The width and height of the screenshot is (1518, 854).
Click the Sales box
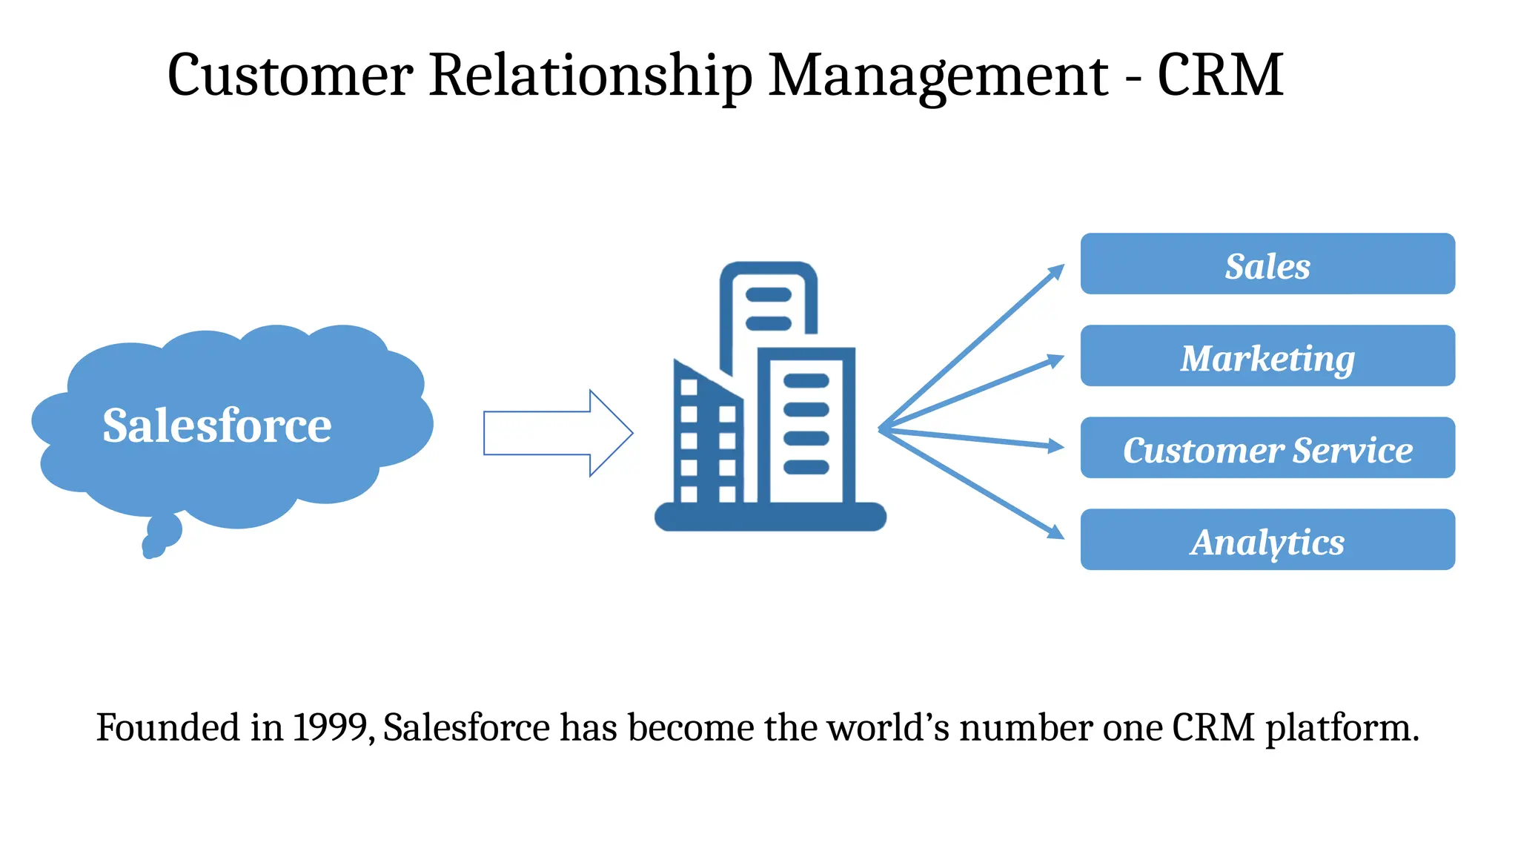pos(1267,265)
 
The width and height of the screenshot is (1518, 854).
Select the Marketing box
pos(1267,357)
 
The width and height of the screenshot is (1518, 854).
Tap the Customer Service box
pos(1267,448)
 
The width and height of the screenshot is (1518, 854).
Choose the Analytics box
pos(1267,540)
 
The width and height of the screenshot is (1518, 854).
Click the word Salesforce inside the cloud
pos(216,426)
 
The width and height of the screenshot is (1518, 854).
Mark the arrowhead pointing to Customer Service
pos(1055,446)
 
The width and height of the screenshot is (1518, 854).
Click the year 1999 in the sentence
pos(330,727)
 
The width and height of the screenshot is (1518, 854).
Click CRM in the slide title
pos(1219,75)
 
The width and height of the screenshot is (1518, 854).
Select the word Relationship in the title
pos(590,76)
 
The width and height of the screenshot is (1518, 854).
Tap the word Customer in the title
pos(290,75)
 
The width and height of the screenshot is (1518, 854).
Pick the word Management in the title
pos(938,76)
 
